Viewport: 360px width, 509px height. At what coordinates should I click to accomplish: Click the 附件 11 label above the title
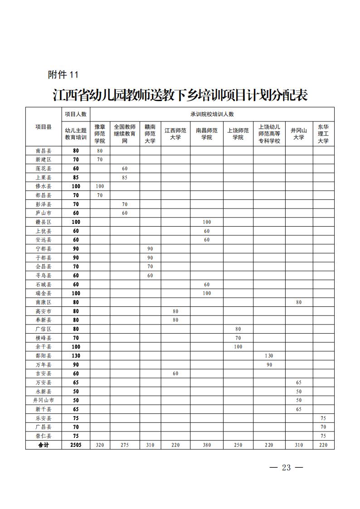(x=63, y=75)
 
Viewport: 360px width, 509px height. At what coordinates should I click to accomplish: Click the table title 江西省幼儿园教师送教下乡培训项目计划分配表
(x=180, y=96)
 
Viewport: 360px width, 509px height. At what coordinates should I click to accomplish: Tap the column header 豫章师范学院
(x=100, y=134)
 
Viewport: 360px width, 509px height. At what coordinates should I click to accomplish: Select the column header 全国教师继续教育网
(x=125, y=134)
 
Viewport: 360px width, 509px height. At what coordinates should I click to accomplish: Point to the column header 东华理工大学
(x=323, y=134)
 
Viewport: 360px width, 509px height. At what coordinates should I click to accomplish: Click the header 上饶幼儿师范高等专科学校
(x=269, y=134)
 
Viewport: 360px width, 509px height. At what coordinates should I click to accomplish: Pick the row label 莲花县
(x=44, y=168)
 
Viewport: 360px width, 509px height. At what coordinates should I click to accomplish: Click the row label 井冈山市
(x=44, y=400)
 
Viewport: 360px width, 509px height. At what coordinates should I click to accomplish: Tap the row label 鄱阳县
(x=44, y=356)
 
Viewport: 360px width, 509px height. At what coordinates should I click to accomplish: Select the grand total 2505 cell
(x=76, y=445)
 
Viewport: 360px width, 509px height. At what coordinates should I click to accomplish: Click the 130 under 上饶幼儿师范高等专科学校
(x=269, y=356)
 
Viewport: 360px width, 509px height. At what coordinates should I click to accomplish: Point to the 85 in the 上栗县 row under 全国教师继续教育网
(x=125, y=177)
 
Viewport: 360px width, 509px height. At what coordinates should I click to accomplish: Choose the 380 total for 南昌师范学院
(x=207, y=445)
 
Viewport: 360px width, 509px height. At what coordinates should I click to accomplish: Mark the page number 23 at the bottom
(x=286, y=468)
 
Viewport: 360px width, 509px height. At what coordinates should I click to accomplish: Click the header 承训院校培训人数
(x=212, y=114)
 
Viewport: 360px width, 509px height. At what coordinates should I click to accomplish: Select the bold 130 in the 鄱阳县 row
(x=76, y=356)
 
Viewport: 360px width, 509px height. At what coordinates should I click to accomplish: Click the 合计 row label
(x=44, y=445)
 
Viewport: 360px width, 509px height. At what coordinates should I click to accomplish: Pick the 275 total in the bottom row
(x=125, y=445)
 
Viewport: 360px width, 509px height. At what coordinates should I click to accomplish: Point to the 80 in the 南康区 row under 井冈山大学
(x=299, y=302)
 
